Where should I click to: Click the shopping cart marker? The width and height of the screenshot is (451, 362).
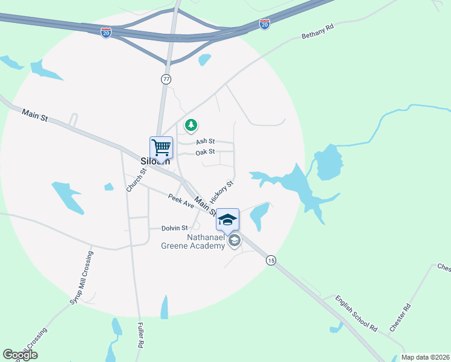(x=161, y=147)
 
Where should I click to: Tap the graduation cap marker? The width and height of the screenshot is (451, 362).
(x=227, y=220)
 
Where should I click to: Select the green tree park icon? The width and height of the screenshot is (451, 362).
(x=191, y=125)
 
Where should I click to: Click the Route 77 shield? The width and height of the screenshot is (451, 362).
(x=166, y=79)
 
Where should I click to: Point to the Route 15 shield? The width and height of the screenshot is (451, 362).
(x=271, y=259)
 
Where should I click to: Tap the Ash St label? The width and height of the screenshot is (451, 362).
(x=205, y=141)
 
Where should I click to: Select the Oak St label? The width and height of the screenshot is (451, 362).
(x=205, y=152)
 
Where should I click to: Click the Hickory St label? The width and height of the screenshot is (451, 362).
(x=221, y=192)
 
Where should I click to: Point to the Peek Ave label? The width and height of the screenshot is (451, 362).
(x=181, y=202)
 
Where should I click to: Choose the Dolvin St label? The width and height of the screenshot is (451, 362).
(x=175, y=228)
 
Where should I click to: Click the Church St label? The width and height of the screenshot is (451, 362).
(x=136, y=180)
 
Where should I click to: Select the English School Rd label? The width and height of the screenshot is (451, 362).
(x=356, y=314)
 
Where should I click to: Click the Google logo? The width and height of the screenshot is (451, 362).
(x=20, y=355)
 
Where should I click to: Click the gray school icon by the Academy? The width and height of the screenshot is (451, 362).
(x=234, y=241)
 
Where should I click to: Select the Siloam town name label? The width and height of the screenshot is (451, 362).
(x=156, y=162)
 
